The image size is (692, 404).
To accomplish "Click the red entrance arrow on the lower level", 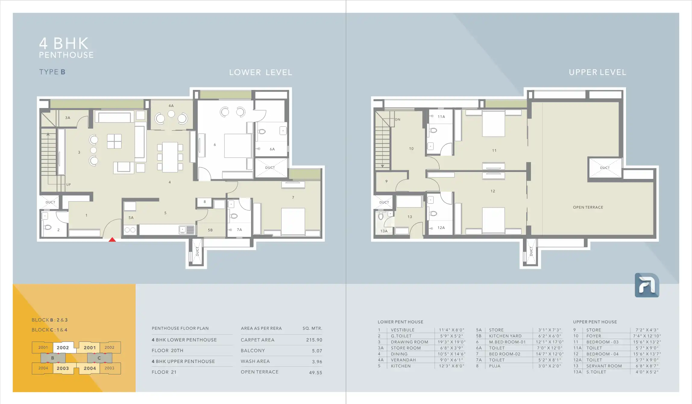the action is pyautogui.click(x=112, y=240).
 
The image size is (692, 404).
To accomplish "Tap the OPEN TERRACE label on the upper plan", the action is pyautogui.click(x=588, y=207).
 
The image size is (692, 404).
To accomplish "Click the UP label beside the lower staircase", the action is pyautogui.click(x=68, y=185).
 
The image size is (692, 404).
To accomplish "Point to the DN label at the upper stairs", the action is pyautogui.click(x=398, y=119).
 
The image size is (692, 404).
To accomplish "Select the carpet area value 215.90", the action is pyautogui.click(x=314, y=340).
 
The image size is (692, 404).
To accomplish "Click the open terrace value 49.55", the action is pyautogui.click(x=316, y=373).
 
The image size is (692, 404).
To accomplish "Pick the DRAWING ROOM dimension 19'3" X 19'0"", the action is pyautogui.click(x=451, y=342).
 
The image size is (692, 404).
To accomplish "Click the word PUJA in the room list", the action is pyautogui.click(x=495, y=366).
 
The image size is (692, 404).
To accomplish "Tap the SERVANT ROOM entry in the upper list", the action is pyautogui.click(x=604, y=366).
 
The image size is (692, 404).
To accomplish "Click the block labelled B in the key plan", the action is pyautogui.click(x=53, y=358).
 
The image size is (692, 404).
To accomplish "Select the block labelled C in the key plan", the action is pyautogui.click(x=99, y=358).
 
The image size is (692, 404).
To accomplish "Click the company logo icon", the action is pyautogui.click(x=647, y=285).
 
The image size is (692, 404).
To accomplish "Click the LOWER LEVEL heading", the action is pyautogui.click(x=261, y=72).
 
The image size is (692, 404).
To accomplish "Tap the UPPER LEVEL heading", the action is pyautogui.click(x=597, y=72).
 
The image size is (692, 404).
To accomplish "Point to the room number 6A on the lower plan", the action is pyautogui.click(x=272, y=149).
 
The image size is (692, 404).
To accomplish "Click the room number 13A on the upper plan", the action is pyautogui.click(x=384, y=231).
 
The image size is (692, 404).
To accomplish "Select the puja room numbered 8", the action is pyautogui.click(x=205, y=202).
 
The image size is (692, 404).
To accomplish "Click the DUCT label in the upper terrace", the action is pyautogui.click(x=605, y=168).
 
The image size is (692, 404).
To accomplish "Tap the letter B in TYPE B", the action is pyautogui.click(x=63, y=72).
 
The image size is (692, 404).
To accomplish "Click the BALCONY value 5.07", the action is pyautogui.click(x=317, y=351).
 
